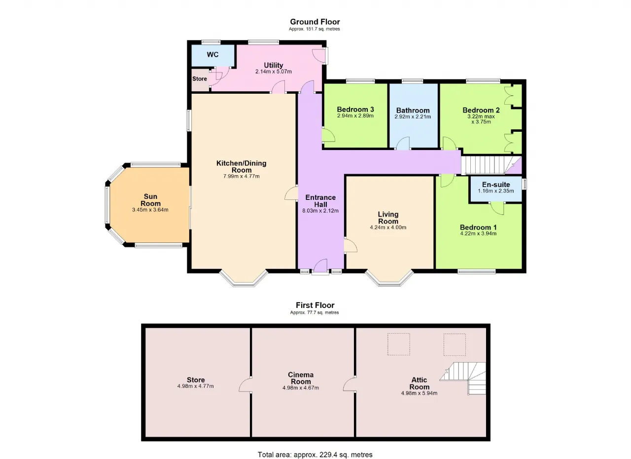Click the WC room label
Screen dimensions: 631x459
[212, 54]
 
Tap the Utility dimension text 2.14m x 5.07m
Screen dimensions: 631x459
[273, 72]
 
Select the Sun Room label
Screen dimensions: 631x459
[150, 200]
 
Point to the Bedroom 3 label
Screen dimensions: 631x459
[355, 109]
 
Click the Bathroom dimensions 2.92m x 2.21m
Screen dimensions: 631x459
[413, 116]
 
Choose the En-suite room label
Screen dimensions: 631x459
[496, 185]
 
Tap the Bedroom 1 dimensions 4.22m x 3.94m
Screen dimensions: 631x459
[478, 233]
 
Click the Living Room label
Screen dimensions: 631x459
[388, 218]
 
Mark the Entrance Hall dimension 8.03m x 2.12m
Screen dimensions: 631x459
[320, 211]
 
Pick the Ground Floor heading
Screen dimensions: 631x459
[315, 22]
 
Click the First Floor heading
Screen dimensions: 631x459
[315, 305]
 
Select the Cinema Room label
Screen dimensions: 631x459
[301, 378]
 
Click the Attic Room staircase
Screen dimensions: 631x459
[463, 379]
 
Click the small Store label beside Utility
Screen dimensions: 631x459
[200, 78]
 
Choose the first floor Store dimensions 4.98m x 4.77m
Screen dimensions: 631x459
[196, 386]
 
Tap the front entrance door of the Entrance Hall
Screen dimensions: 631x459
[320, 267]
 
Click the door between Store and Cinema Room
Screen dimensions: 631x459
[245, 384]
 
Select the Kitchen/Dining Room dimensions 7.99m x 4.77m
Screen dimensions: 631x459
[242, 177]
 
